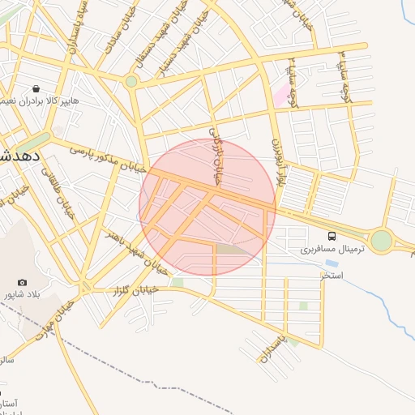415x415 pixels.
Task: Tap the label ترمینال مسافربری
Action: (333, 249)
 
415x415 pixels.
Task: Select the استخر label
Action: (332, 276)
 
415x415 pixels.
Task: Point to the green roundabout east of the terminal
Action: (381, 240)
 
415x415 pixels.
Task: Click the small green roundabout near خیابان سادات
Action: (131, 81)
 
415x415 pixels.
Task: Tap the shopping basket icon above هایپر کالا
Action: (36, 89)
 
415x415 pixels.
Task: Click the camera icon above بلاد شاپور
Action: (22, 282)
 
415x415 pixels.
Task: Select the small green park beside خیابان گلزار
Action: (177, 282)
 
